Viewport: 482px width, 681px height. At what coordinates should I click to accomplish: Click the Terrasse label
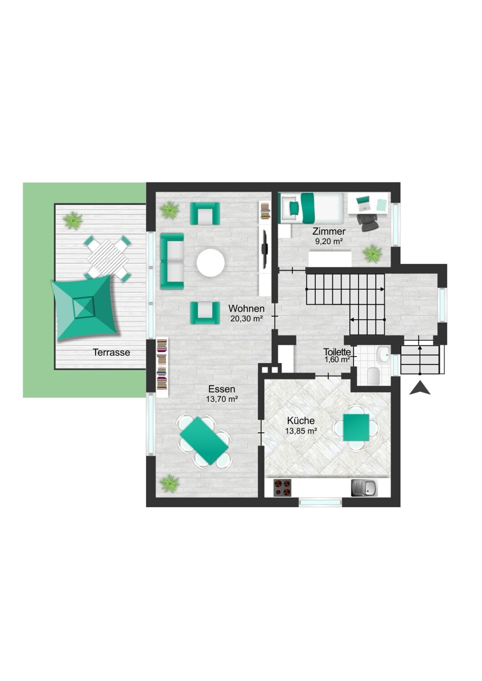(x=111, y=353)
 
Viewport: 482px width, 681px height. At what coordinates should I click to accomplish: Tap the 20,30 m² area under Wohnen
(x=246, y=318)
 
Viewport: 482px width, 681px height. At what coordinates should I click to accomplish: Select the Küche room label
(x=301, y=421)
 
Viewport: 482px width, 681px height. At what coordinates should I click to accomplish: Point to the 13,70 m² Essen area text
(x=222, y=399)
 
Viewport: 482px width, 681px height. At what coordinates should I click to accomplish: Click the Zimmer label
(x=329, y=232)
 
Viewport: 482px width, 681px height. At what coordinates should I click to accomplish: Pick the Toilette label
(x=337, y=352)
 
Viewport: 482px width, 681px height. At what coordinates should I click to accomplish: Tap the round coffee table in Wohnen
(x=210, y=262)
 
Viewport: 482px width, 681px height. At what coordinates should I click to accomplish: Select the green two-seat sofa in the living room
(x=172, y=261)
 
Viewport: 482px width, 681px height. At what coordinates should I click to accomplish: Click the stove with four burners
(x=282, y=488)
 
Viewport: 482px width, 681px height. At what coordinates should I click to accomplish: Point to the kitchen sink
(x=364, y=488)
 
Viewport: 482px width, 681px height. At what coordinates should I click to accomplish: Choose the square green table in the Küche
(x=356, y=427)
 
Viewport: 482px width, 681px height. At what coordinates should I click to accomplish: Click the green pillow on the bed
(x=294, y=208)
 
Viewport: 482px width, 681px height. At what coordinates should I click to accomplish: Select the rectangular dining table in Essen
(x=204, y=441)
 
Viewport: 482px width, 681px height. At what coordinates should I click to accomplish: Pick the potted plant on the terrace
(x=73, y=220)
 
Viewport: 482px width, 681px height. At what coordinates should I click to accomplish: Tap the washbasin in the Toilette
(x=382, y=355)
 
